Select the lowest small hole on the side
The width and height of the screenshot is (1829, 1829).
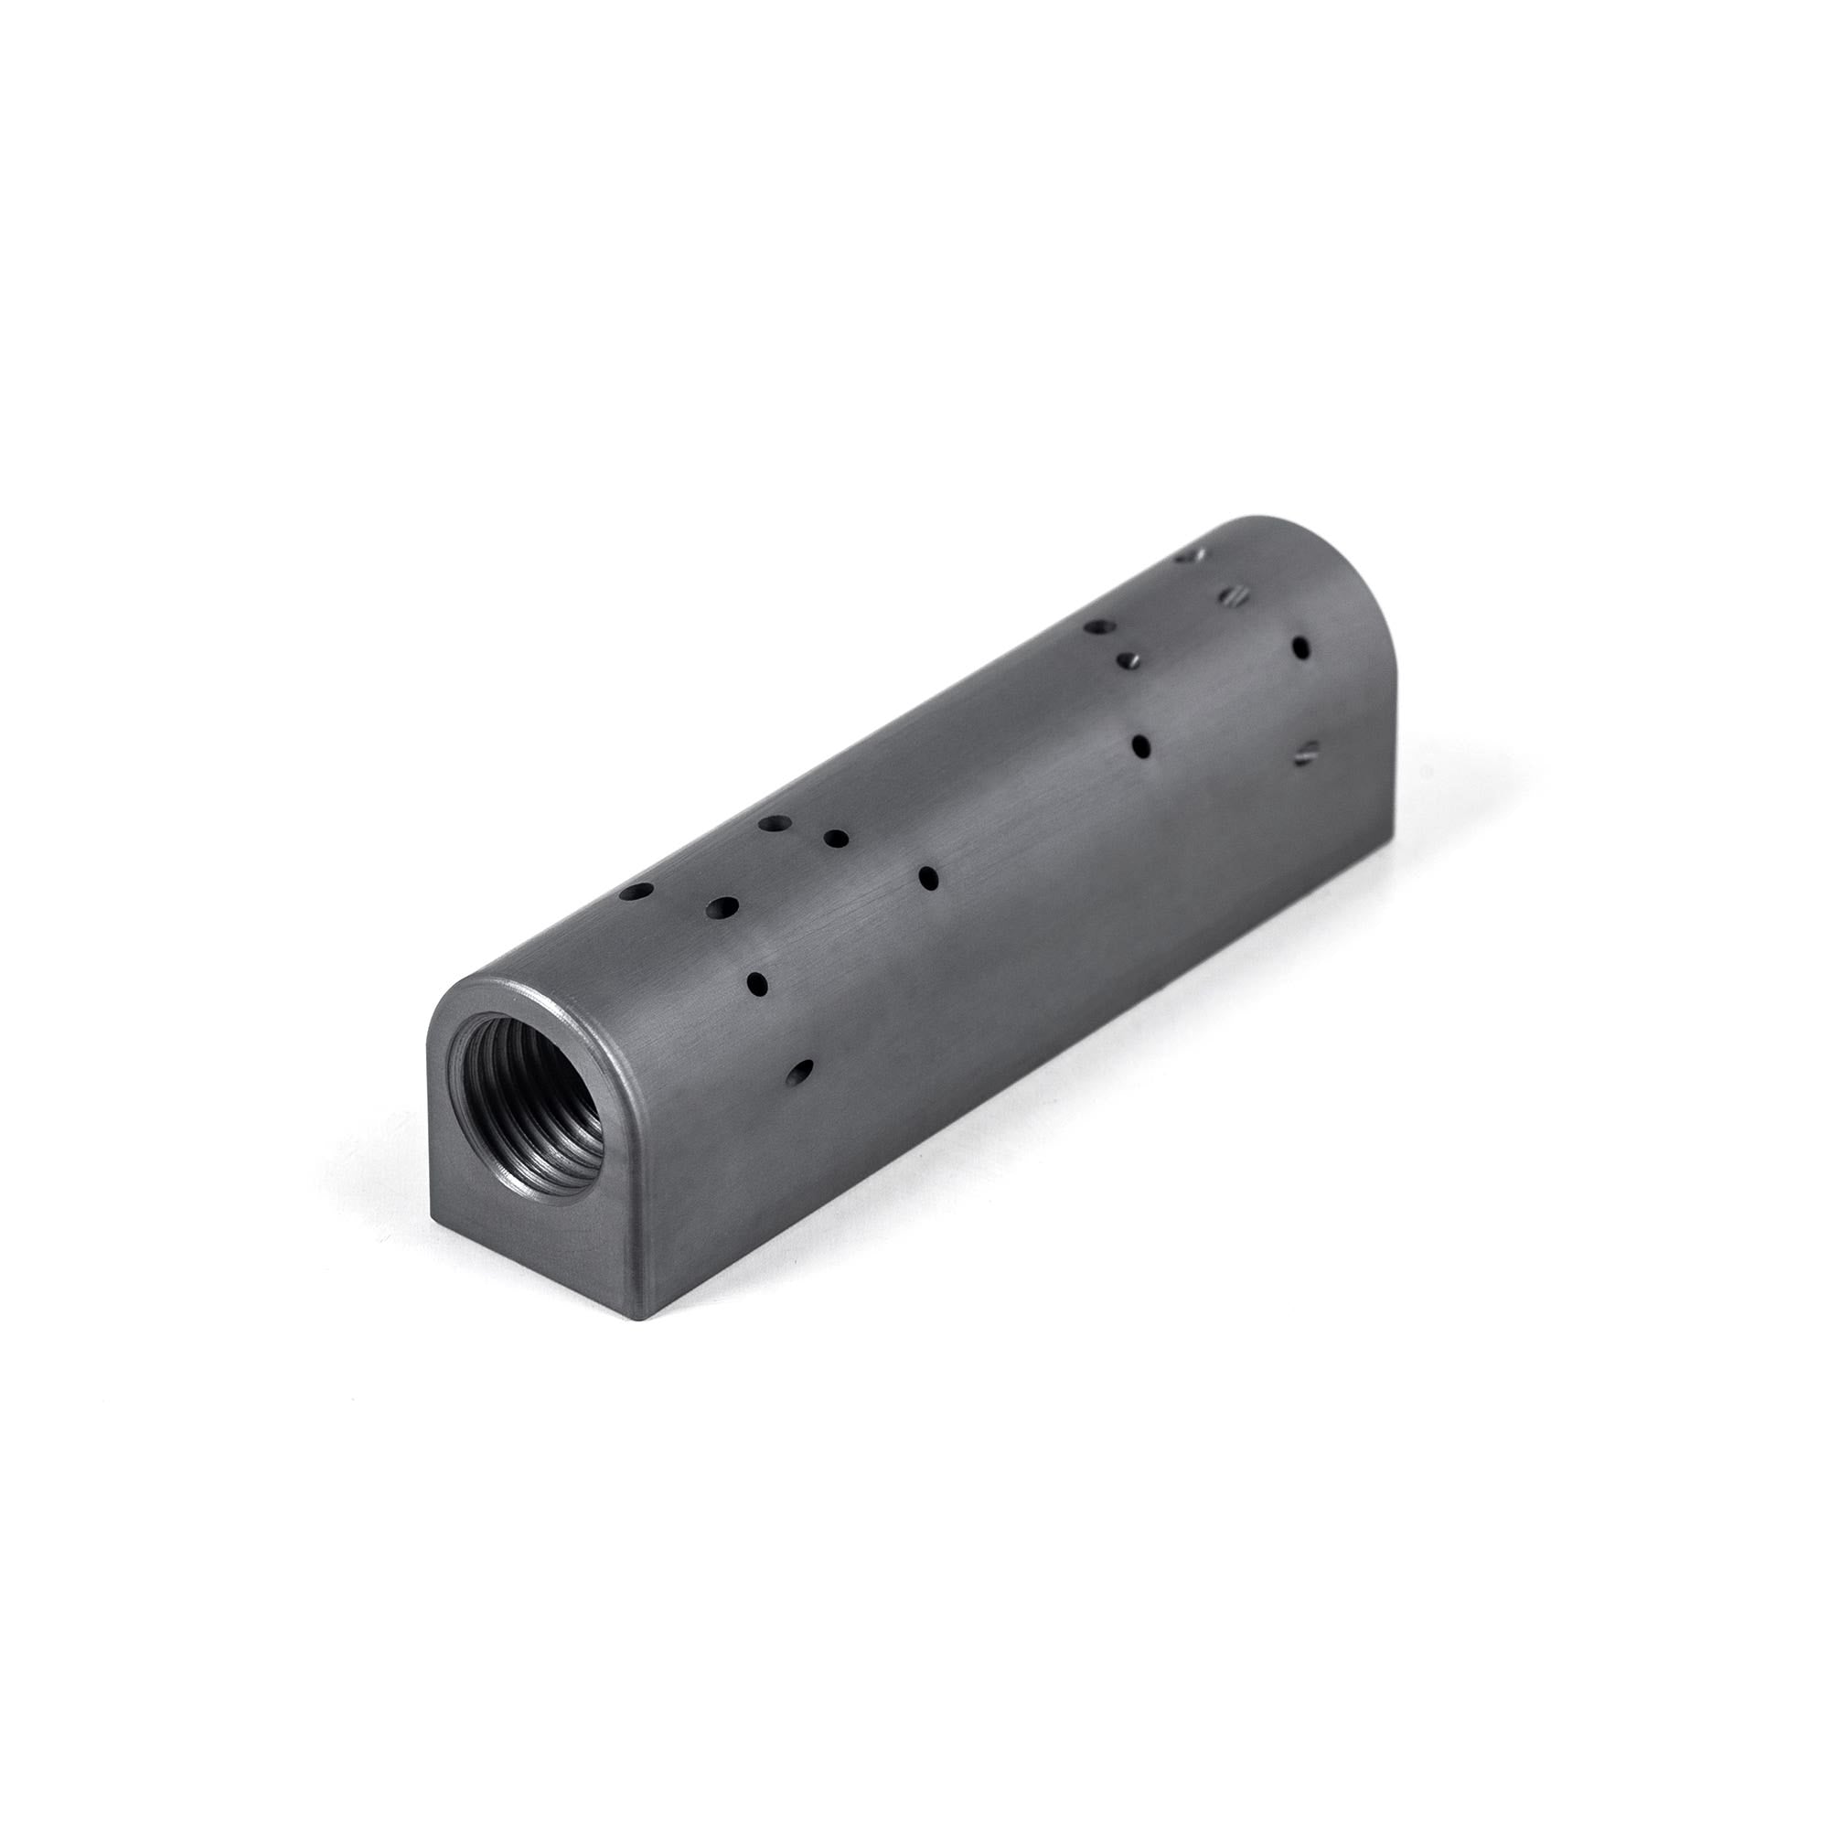point(801,1071)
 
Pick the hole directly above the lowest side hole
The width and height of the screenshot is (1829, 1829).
point(758,984)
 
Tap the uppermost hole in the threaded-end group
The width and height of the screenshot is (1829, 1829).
point(773,825)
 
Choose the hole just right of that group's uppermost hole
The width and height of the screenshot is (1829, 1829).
point(835,838)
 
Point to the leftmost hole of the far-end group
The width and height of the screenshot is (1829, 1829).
point(1099,626)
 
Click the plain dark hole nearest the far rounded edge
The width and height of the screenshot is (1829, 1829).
point(1300,647)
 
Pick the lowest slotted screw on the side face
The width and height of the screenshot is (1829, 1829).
point(1307,754)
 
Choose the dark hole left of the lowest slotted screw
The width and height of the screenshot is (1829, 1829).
point(1141,747)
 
